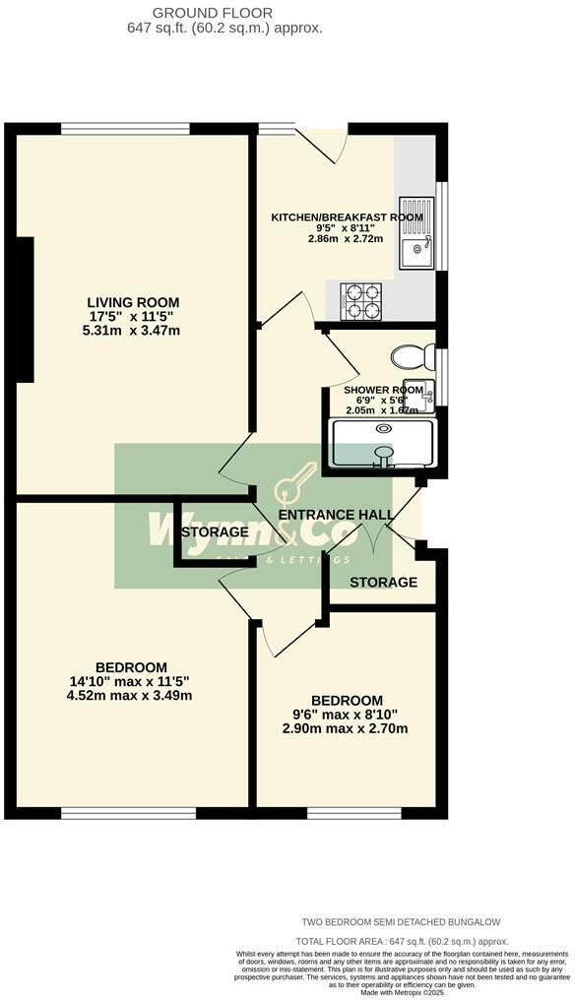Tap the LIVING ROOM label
coord(133,301)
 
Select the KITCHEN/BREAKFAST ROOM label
coord(348,218)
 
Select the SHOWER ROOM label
coord(383,390)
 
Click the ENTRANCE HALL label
coord(336,515)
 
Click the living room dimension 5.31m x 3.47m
coord(133,331)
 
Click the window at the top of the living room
coord(125,128)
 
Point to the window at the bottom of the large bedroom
coord(128,812)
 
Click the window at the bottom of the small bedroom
coord(347,812)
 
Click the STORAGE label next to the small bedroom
coord(384,583)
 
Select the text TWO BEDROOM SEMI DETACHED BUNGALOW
coord(401,921)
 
